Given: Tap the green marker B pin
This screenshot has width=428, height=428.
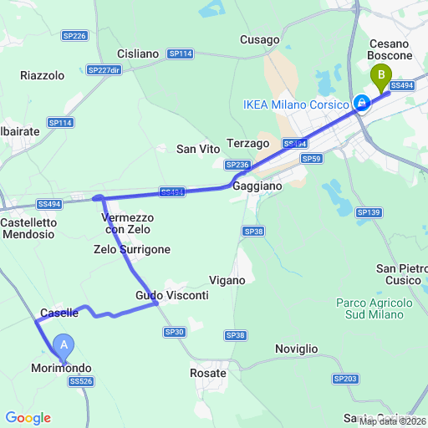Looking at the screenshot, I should (x=382, y=78).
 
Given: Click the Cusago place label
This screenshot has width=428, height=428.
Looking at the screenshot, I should (x=258, y=39).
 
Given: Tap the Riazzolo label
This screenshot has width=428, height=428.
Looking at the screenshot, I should (x=42, y=75).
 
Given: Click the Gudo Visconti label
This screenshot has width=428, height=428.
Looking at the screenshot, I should (x=171, y=296).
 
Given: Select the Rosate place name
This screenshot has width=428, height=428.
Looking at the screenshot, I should (x=208, y=373).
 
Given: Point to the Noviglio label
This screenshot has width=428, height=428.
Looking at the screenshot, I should (x=297, y=348).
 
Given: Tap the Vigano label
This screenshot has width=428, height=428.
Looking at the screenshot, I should (x=227, y=280).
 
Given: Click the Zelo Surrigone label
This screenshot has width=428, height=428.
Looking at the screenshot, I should (x=132, y=249).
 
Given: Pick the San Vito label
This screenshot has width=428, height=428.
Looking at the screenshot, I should (x=197, y=149).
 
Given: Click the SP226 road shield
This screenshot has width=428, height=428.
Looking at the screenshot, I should (x=74, y=36).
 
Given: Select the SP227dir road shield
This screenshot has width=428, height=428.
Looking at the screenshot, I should (x=104, y=70).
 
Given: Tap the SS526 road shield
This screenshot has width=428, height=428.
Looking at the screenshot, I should (x=81, y=381).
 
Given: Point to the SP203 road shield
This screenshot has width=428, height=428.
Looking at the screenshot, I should (x=344, y=379).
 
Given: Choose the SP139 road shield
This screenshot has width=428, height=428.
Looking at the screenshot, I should (x=368, y=213).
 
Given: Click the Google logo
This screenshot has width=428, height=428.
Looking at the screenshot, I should (x=28, y=418).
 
